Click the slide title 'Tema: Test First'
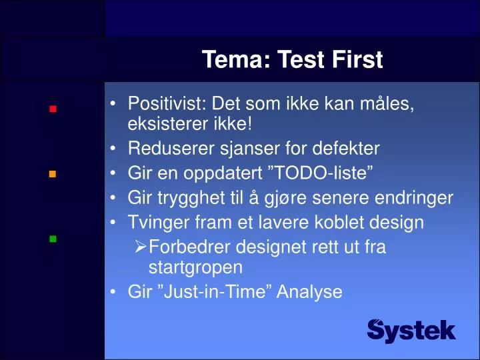click(292, 61)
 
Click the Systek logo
click(411, 330)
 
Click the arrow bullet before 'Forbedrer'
click(140, 248)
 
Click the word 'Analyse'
click(313, 291)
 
